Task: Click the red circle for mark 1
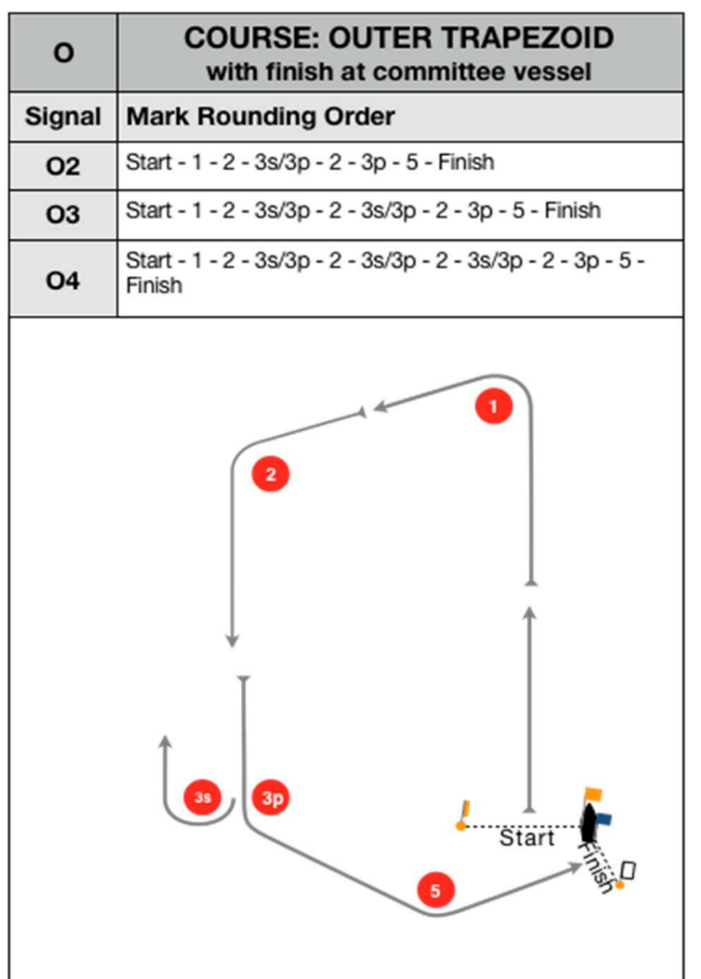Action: coord(494,406)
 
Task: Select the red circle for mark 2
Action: coord(270,474)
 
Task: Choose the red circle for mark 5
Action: coord(435,891)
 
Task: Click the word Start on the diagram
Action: coord(527,838)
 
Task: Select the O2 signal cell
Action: coord(64,166)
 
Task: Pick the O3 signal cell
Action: coord(64,214)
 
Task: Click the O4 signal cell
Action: coord(64,278)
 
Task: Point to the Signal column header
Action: coord(64,118)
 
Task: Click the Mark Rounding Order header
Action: coord(260,118)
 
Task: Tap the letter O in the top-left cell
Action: coord(64,53)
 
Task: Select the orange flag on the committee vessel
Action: coord(593,794)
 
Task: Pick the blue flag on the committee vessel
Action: coord(604,817)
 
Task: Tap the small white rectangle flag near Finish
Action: coord(629,871)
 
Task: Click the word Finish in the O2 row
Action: coord(466,163)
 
